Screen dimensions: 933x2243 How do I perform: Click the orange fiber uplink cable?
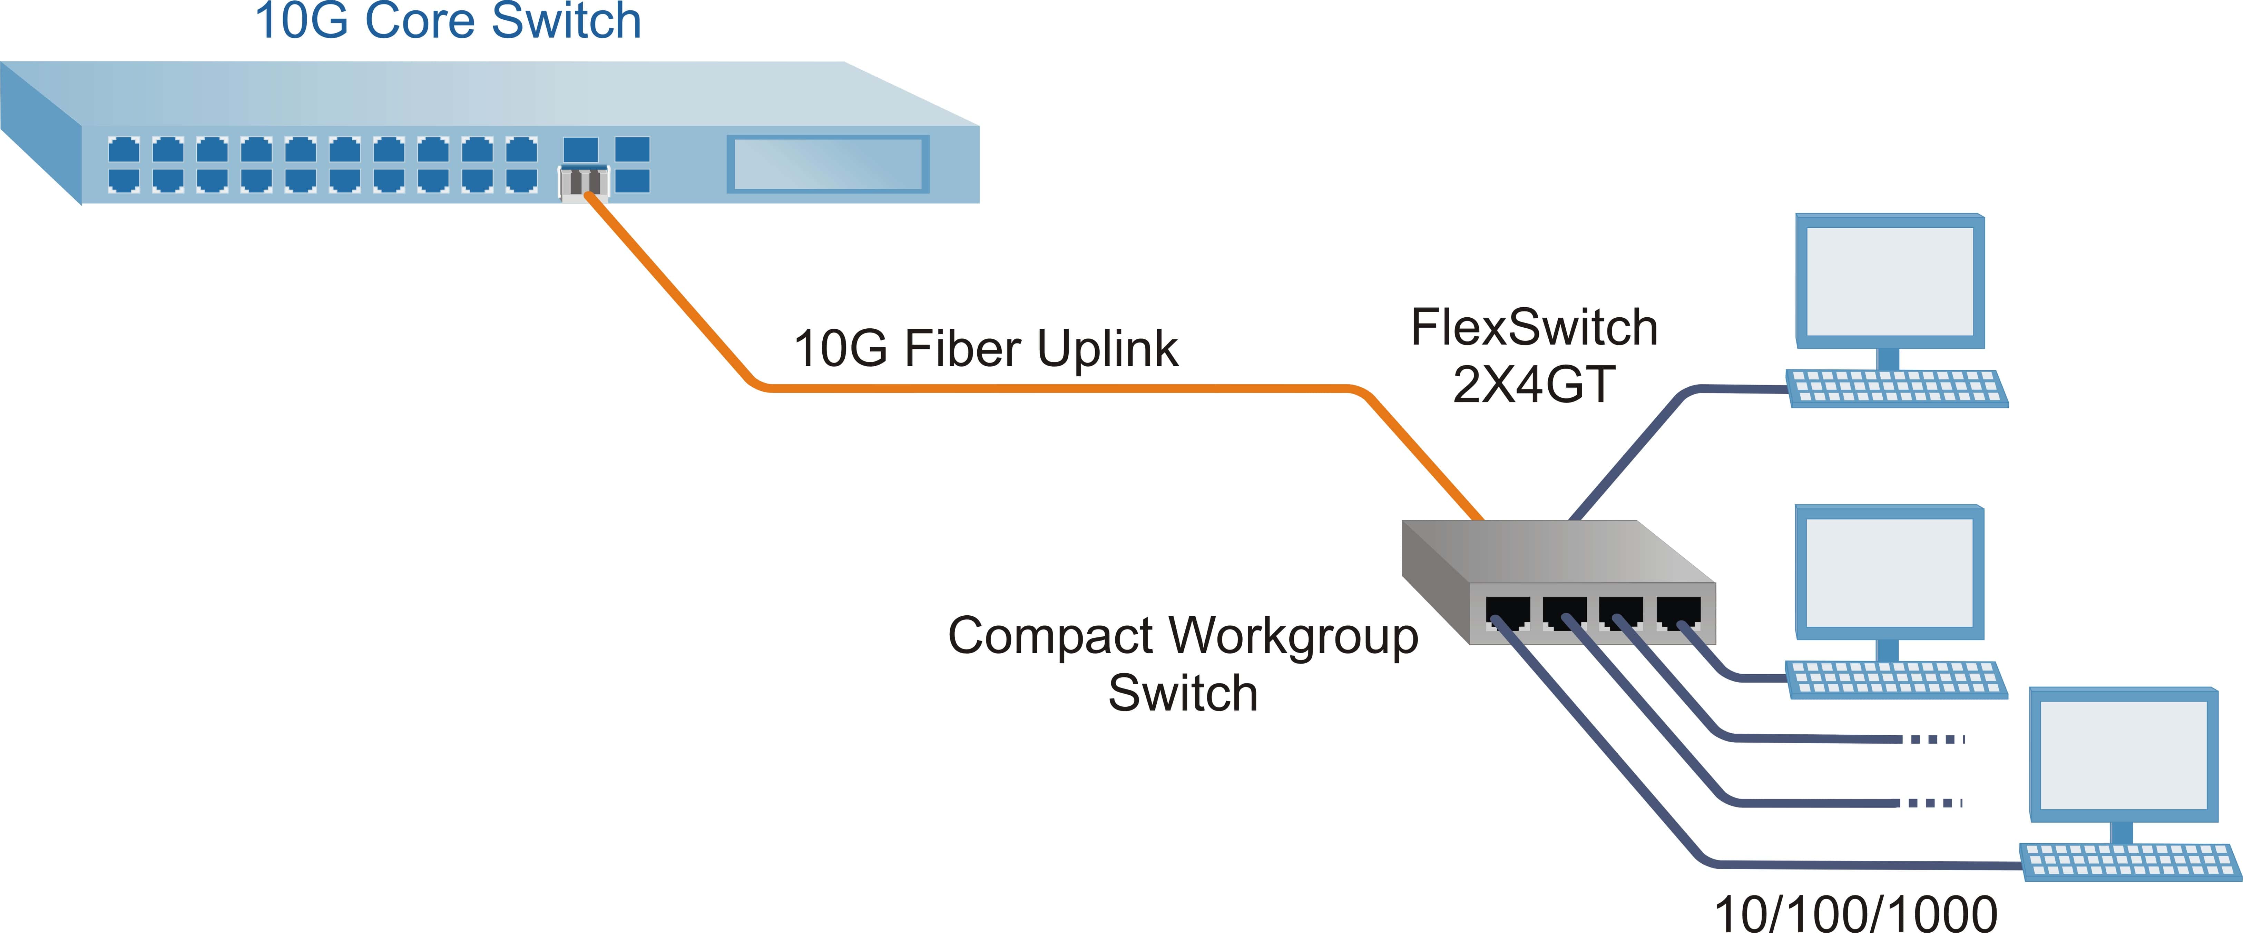pyautogui.click(x=1045, y=388)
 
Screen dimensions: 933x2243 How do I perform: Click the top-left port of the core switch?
pyautogui.click(x=124, y=150)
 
